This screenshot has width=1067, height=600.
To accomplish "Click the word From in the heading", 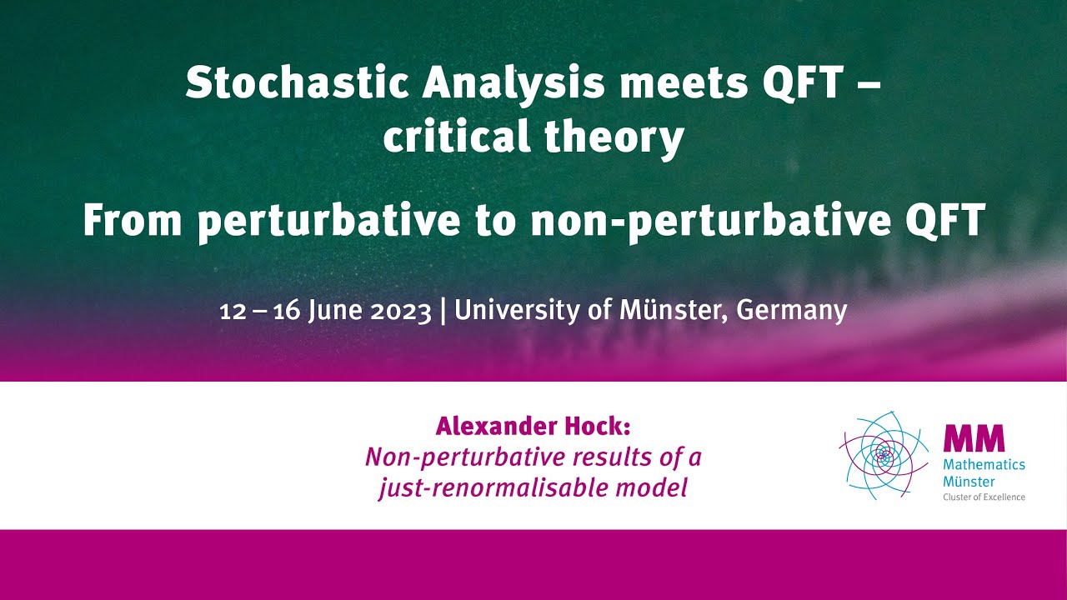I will pyautogui.click(x=133, y=220).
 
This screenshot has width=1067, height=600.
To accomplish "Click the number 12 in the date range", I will pyautogui.click(x=231, y=311).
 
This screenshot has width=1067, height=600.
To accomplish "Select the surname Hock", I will pyautogui.click(x=597, y=427).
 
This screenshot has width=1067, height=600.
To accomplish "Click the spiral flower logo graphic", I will pyautogui.click(x=884, y=455).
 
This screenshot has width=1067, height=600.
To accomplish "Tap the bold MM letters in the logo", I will pyautogui.click(x=974, y=438).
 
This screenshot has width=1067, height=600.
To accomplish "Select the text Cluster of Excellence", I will pyautogui.click(x=984, y=497).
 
